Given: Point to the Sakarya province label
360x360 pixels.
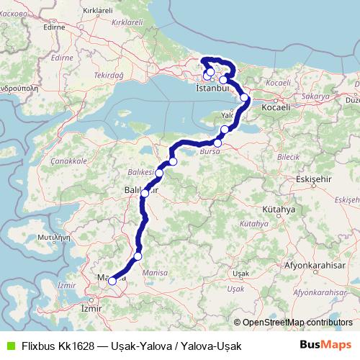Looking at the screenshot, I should (316, 95).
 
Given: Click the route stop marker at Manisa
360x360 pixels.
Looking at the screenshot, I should (112, 282).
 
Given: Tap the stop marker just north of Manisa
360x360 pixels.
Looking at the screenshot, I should (138, 256).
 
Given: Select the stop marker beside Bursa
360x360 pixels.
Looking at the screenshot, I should (217, 143).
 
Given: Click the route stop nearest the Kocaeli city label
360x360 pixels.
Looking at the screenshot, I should (245, 97).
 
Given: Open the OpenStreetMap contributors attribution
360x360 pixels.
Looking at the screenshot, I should (296, 323).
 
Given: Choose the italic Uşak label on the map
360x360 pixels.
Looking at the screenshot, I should (235, 287).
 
